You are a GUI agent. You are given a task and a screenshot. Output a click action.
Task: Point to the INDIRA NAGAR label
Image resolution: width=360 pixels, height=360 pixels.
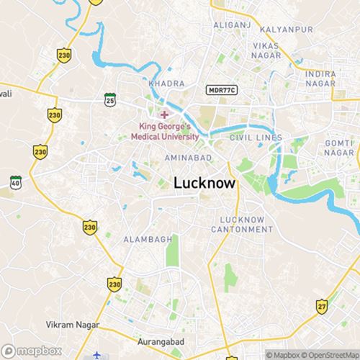point(321,78)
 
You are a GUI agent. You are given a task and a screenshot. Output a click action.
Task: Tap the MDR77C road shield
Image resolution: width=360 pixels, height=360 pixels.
point(221,90)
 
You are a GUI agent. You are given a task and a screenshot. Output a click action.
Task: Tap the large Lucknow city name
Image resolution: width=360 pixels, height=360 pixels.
point(204,184)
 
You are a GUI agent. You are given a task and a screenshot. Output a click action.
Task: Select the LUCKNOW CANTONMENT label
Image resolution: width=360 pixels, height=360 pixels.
point(242,224)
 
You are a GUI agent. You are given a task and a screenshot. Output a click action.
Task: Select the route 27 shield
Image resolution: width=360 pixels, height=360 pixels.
point(321,307)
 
